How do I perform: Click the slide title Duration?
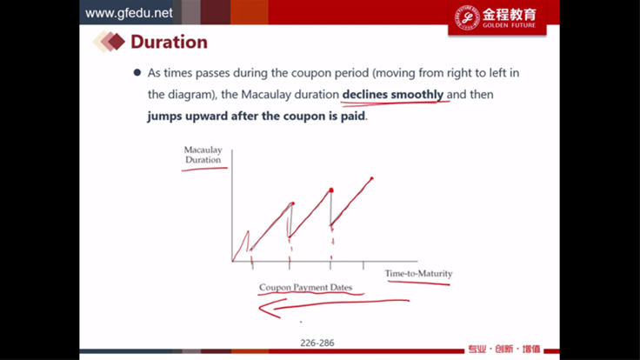169,42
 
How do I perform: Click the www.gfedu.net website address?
129,13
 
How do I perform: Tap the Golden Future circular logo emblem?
467,17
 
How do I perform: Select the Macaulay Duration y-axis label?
203,155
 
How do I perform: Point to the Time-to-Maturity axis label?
418,273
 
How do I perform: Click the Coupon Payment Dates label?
305,287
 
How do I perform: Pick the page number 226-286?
317,343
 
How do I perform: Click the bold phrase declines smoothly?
393,94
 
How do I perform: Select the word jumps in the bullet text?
164,117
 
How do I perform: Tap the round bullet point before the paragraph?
137,73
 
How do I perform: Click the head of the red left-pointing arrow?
260,308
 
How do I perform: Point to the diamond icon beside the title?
109,42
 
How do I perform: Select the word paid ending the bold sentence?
353,116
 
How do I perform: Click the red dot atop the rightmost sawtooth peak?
371,178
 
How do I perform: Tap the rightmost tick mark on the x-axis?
363,265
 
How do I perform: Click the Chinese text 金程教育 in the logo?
509,15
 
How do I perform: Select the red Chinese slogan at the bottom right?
504,349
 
